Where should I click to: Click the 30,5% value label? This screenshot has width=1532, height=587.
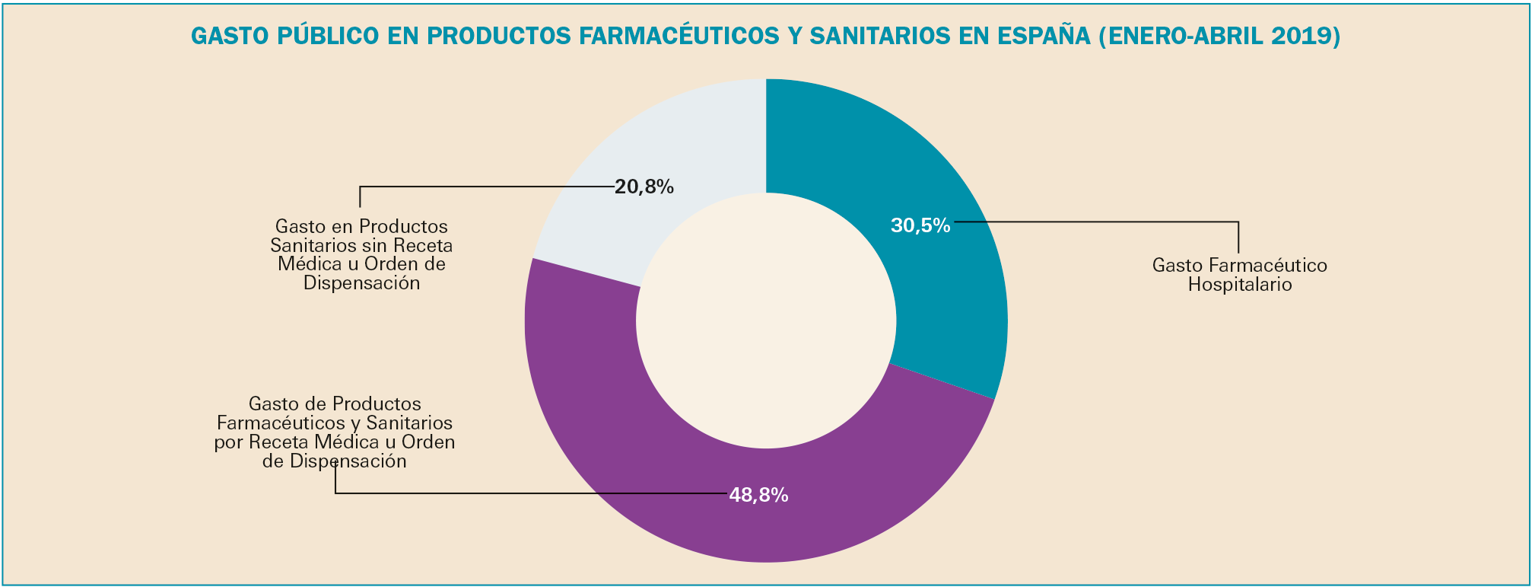pyautogui.click(x=920, y=225)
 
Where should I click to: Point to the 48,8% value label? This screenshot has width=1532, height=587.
pyautogui.click(x=758, y=495)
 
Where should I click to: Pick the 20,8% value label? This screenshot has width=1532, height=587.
pyautogui.click(x=644, y=187)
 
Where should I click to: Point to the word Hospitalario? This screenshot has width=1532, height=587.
pyautogui.click(x=1240, y=285)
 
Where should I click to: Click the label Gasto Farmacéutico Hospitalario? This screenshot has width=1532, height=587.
pyautogui.click(x=1240, y=275)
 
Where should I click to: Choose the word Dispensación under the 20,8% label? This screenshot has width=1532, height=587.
pyautogui.click(x=361, y=282)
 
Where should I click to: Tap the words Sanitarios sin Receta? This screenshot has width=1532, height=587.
pyautogui.click(x=361, y=245)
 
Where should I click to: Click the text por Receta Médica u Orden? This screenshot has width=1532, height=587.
pyautogui.click(x=335, y=442)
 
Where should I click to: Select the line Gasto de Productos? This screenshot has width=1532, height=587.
pyautogui.click(x=335, y=404)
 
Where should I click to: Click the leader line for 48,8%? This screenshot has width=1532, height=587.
pyautogui.click(x=532, y=493)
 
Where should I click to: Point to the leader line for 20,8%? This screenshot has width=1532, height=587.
pyautogui.click(x=487, y=186)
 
